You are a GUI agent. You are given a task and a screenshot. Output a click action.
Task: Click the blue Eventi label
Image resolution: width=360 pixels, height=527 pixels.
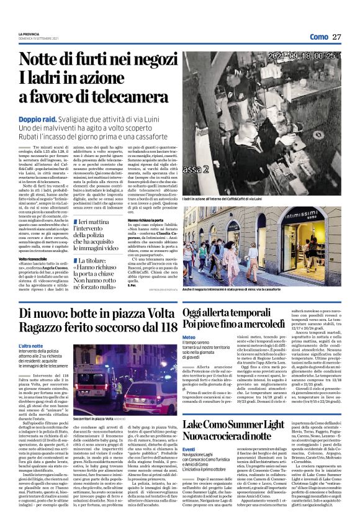tap(189, 449)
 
